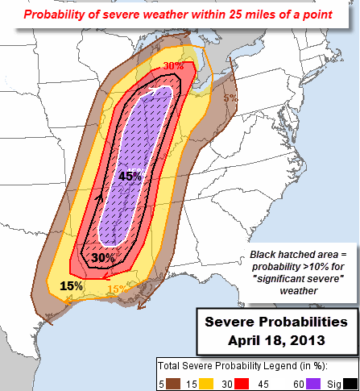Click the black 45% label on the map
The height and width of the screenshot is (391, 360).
point(130,176)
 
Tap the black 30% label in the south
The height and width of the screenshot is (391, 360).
point(102,258)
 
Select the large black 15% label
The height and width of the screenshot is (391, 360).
point(72,285)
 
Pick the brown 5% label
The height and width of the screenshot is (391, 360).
point(230,98)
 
